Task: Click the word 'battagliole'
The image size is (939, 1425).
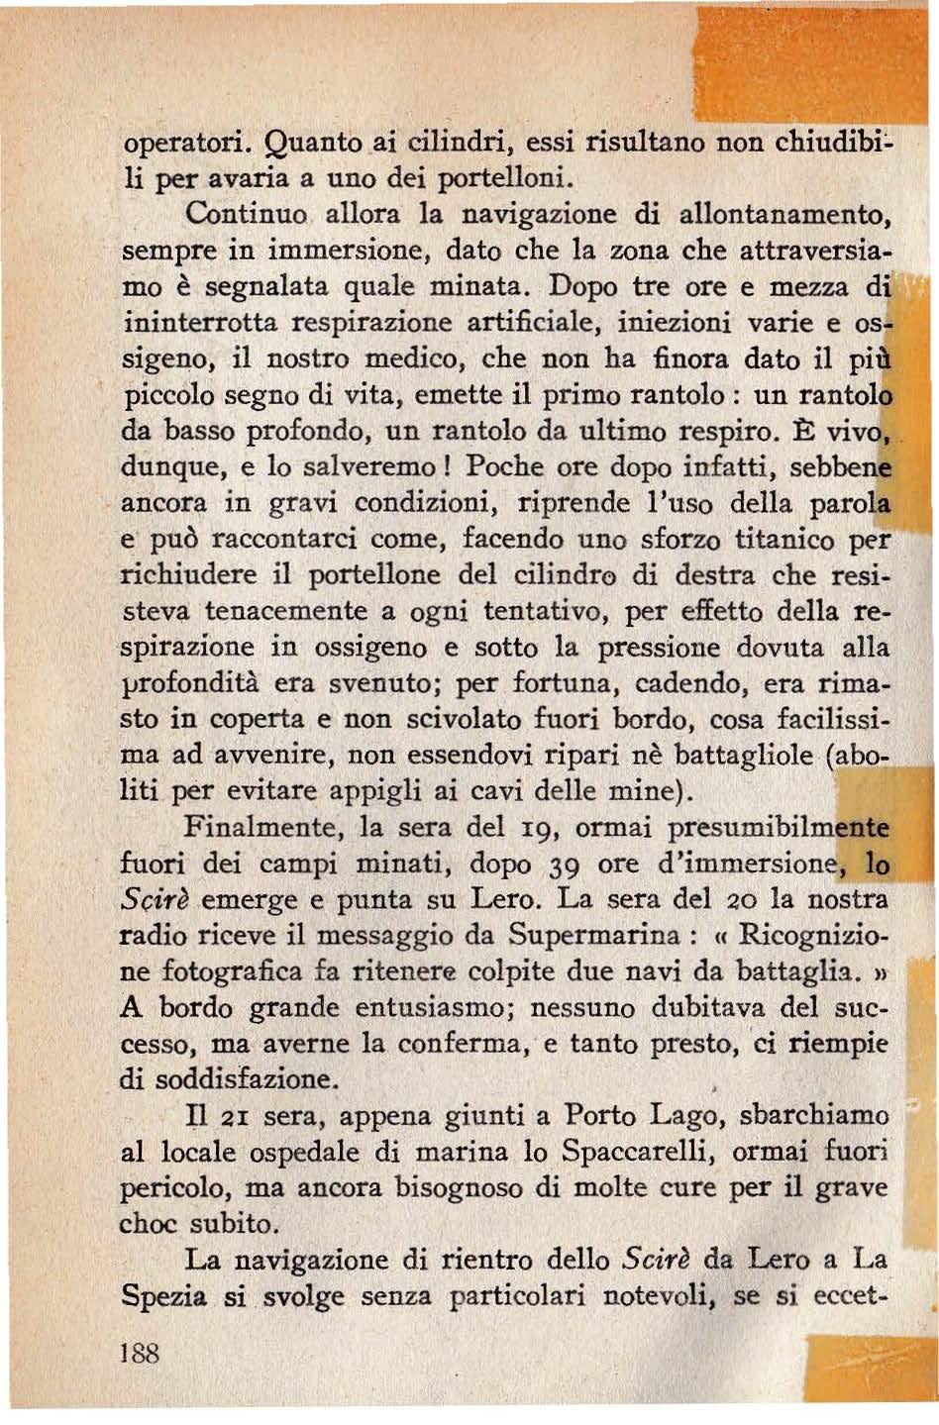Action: pyautogui.click(x=742, y=756)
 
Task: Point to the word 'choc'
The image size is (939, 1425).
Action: pyautogui.click(x=145, y=1224)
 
